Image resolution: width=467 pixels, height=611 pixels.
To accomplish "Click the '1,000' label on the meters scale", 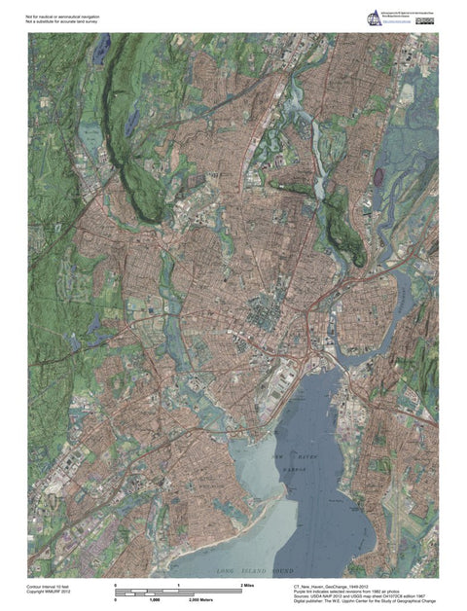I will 153,601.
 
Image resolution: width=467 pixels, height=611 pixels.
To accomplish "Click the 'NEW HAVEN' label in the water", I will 290,454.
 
